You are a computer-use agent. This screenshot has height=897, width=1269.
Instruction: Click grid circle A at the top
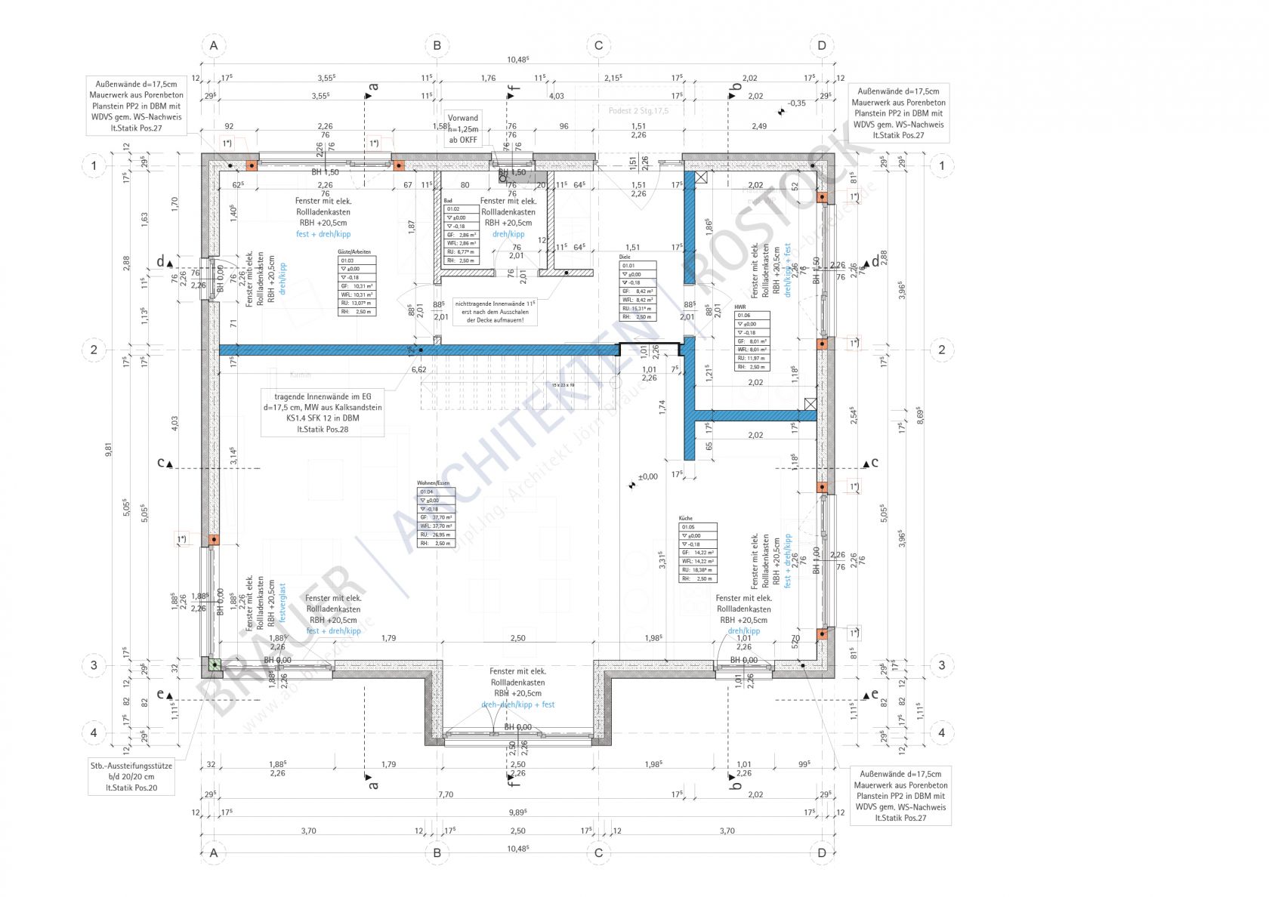point(214,45)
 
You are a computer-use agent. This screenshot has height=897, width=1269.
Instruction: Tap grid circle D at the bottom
point(822,853)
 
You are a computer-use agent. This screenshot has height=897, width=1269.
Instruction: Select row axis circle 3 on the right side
point(941,665)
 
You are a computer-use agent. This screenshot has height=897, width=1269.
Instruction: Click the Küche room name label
point(686,519)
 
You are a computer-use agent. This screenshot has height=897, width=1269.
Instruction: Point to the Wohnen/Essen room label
point(433,482)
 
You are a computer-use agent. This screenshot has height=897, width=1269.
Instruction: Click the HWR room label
point(739,307)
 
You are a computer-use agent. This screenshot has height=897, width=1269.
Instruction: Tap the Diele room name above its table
point(625,257)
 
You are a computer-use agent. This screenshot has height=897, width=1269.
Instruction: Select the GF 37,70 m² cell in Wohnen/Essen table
point(437,517)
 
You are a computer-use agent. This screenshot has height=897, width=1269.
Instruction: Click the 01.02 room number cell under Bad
point(461,209)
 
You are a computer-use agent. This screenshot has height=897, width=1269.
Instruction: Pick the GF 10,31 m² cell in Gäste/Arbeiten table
point(357,286)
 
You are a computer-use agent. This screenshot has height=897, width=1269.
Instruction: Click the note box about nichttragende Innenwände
point(496,311)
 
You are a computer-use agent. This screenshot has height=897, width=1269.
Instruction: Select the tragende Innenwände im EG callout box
point(323,412)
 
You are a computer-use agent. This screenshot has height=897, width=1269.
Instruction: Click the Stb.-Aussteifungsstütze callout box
point(131,776)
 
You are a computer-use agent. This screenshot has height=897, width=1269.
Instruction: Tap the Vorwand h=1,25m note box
point(463,129)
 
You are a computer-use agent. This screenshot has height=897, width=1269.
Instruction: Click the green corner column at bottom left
point(215,665)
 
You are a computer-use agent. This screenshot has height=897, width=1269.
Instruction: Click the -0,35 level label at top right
point(796,103)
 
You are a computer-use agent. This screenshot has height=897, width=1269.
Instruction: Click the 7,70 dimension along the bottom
point(446,794)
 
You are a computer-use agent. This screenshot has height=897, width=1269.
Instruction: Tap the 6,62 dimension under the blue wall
point(418,369)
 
